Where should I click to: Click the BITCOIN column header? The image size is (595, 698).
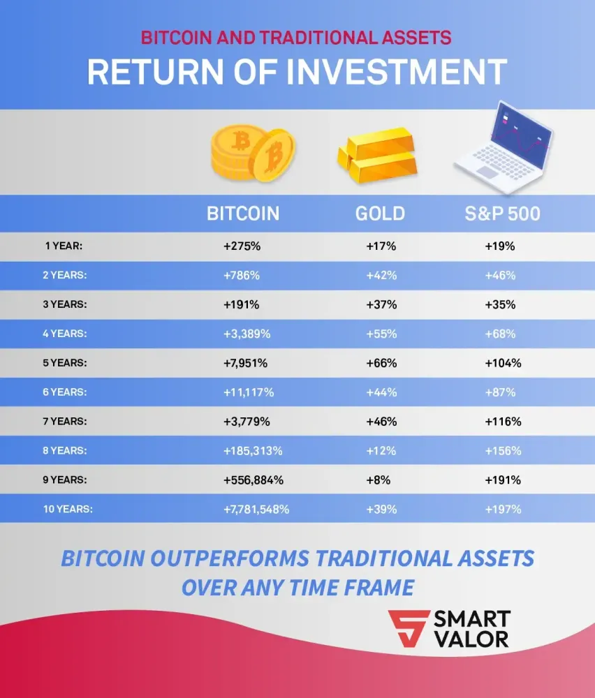tap(243, 214)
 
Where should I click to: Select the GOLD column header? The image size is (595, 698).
tap(380, 214)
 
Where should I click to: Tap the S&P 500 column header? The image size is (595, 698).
tap(502, 214)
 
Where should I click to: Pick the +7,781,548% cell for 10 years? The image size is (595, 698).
tap(256, 510)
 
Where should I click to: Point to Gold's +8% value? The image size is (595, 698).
tap(378, 480)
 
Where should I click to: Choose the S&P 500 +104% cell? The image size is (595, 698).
tap(503, 363)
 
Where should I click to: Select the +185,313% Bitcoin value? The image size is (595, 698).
tap(253, 451)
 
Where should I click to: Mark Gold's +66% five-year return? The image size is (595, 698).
tap(381, 363)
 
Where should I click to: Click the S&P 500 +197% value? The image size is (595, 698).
tap(503, 510)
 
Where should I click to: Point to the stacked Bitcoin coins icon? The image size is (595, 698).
tap(252, 154)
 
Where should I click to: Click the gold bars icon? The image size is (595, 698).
tap(377, 155)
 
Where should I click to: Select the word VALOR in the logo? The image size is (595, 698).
tap(472, 639)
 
